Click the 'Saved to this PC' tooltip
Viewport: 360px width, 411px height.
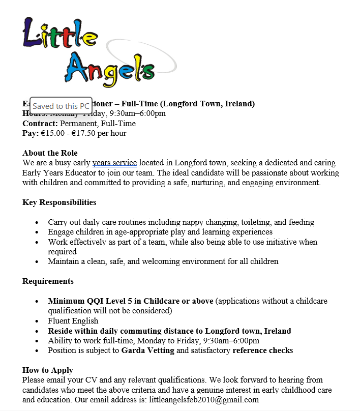(61, 106)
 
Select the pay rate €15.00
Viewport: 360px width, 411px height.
(52, 133)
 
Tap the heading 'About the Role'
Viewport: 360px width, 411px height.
(50, 153)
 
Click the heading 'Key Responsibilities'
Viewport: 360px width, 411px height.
(59, 202)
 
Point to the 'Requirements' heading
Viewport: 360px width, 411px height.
(48, 281)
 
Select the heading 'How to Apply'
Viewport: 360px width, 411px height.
(48, 370)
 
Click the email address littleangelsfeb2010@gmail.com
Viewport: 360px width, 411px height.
(202, 400)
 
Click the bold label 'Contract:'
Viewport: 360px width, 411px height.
(40, 124)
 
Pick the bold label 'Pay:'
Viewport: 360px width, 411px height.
(31, 133)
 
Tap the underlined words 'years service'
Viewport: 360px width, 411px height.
(114, 163)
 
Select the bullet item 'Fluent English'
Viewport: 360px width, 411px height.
(73, 321)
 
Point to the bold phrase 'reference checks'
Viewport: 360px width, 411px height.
(262, 350)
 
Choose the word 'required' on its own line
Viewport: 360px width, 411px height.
(62, 252)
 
